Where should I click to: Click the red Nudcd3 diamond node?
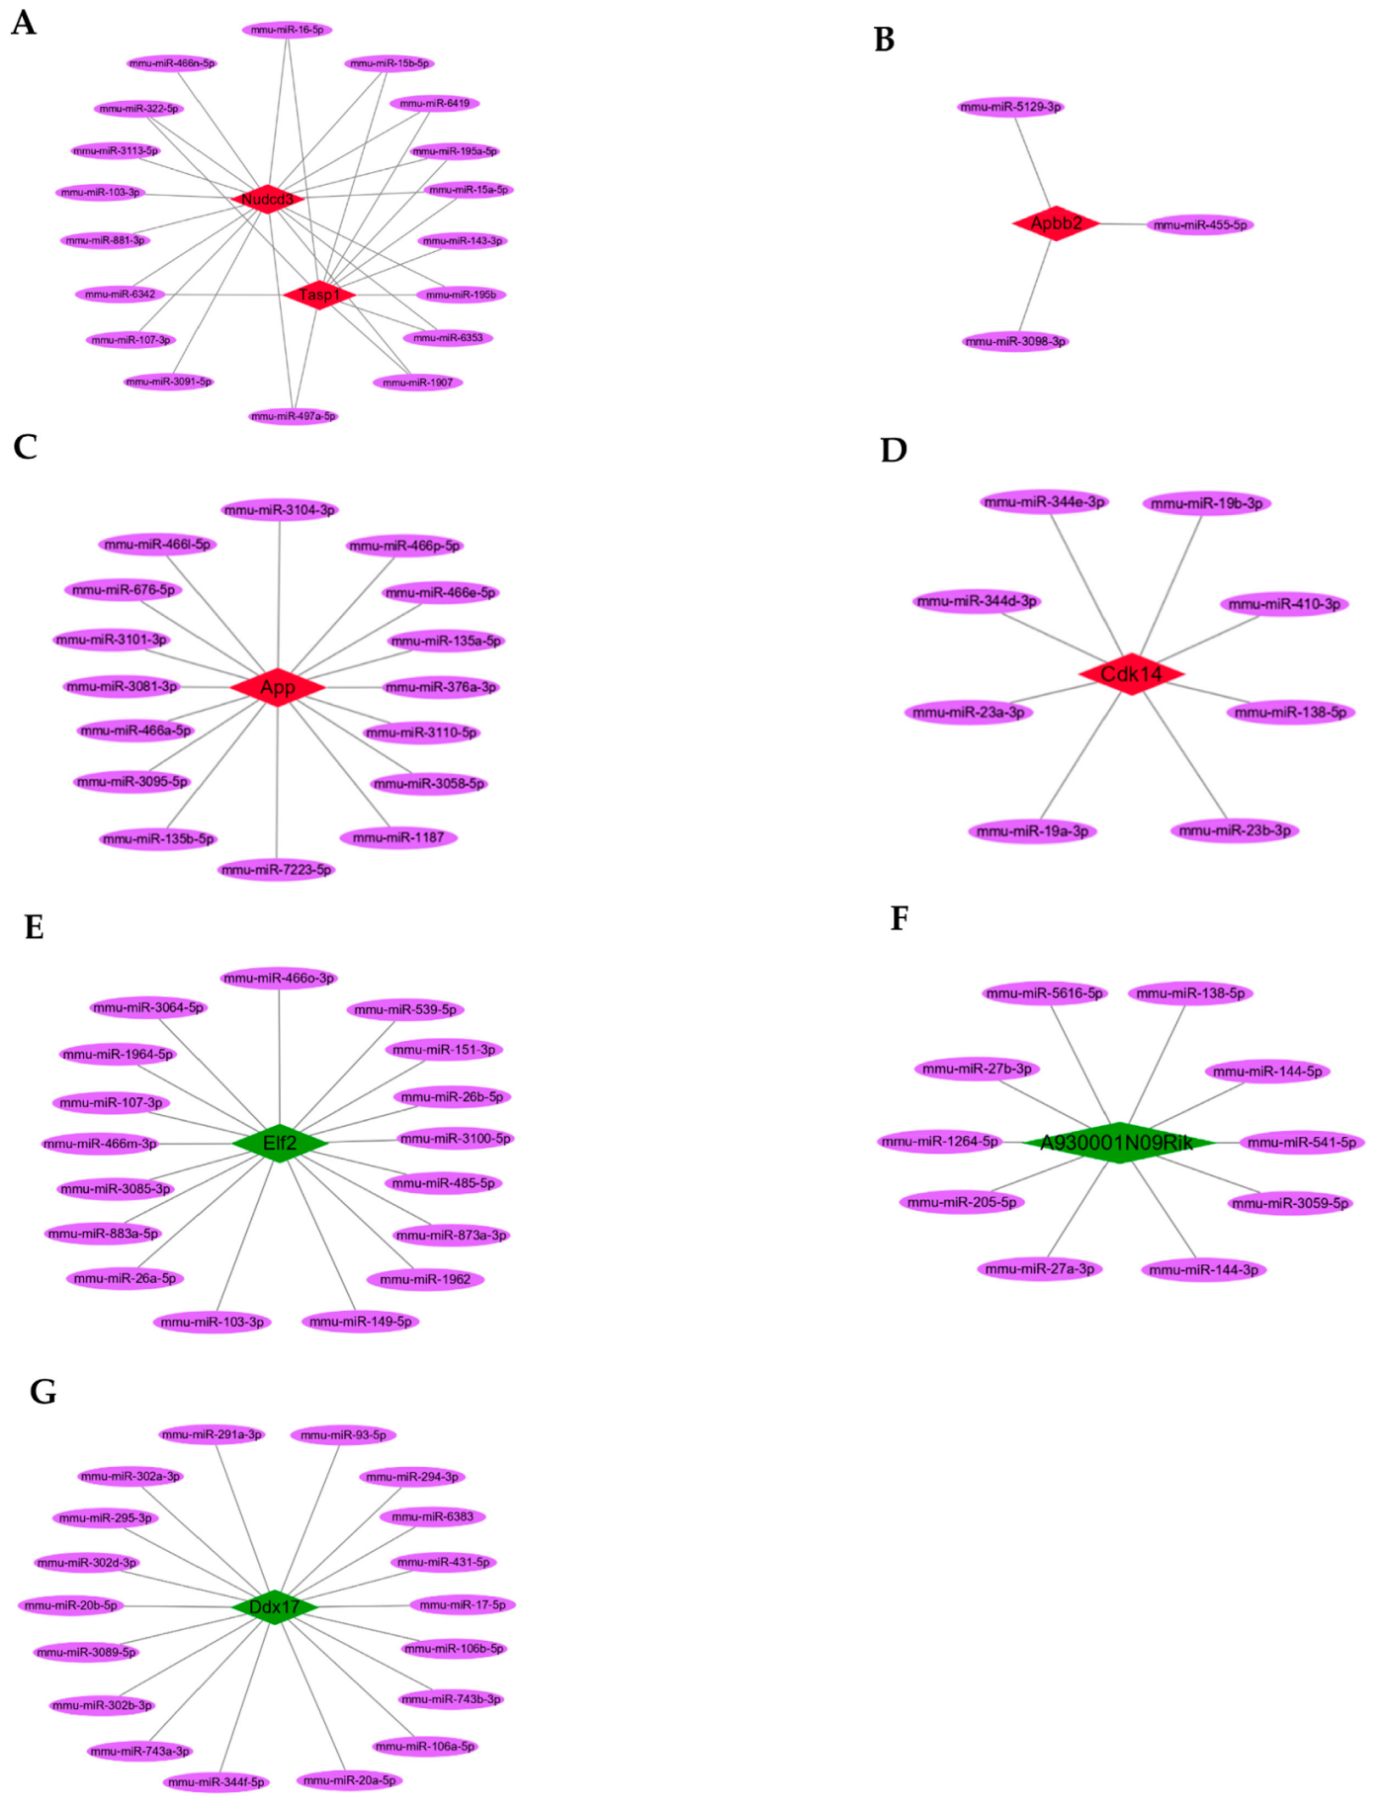click(267, 199)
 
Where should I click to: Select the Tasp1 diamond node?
click(319, 295)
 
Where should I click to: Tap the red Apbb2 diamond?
click(1056, 223)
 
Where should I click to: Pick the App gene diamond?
click(278, 687)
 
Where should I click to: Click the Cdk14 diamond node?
click(1131, 674)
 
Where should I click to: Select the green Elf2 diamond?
click(280, 1143)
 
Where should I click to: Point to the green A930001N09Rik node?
click(1117, 1143)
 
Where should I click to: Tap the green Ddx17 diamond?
click(274, 1606)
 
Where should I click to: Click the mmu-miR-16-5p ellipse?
click(287, 30)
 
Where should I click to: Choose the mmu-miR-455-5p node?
click(1200, 225)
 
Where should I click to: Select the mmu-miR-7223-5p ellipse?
click(277, 870)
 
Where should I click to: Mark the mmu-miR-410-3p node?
click(1284, 604)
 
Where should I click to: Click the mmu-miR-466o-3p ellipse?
click(279, 978)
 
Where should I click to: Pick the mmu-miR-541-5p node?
click(1301, 1142)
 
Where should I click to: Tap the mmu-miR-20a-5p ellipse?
click(349, 1780)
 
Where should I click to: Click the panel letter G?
click(43, 1391)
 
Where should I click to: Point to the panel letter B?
click(884, 40)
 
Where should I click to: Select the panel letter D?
click(893, 450)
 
